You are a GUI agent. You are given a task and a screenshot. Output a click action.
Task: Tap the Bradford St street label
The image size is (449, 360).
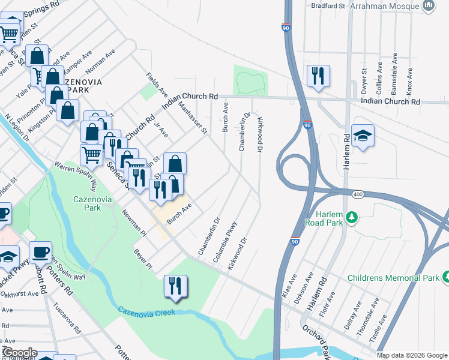coord(328,6)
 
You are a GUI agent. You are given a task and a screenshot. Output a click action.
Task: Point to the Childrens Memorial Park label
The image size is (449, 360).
coord(393,278)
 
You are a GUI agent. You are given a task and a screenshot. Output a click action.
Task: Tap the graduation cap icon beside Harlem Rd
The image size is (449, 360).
coord(363,136)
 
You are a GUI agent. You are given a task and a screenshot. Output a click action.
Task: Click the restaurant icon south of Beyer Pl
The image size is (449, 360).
coord(175,286)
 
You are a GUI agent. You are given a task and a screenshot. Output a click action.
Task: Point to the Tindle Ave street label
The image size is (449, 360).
coord(379,326)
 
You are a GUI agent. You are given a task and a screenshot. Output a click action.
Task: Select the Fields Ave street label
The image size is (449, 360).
coord(158,85)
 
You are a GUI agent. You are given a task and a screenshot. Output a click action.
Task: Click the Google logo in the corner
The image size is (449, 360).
coord(19,353)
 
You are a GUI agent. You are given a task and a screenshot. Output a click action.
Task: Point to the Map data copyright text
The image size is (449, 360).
coord(412,355)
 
